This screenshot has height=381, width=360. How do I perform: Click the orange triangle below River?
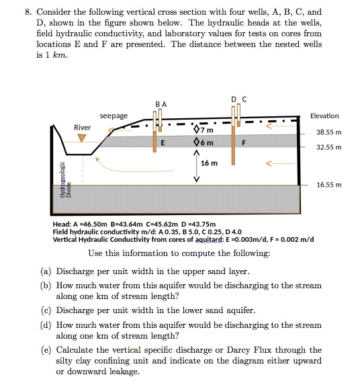(82, 138)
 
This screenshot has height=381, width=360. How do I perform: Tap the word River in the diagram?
(82, 127)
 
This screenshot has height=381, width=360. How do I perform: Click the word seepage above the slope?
(114, 116)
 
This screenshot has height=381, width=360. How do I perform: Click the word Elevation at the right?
(324, 116)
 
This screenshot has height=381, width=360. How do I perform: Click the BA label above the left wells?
(160, 104)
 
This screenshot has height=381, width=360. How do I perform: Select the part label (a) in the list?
(46, 271)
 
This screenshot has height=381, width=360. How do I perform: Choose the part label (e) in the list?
(46, 349)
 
